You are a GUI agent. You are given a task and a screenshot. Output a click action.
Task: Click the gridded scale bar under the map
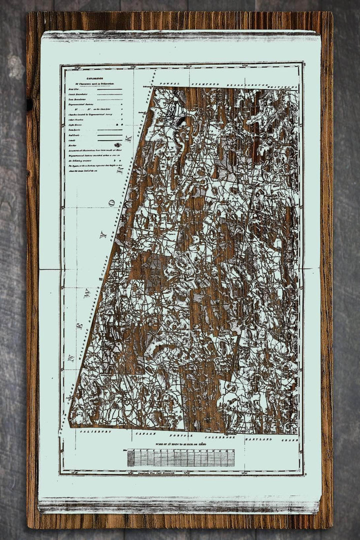pyautogui.click(x=180, y=457)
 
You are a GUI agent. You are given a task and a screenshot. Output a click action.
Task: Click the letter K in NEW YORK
pyautogui.click(x=127, y=137)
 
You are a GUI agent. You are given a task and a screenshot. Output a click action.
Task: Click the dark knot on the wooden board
pyautogui.click(x=29, y=104)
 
